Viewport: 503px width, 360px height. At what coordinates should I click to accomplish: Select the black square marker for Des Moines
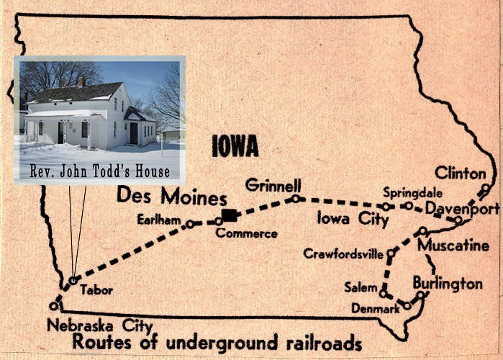coord(229,215)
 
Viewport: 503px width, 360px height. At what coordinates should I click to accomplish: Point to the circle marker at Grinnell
coord(295,198)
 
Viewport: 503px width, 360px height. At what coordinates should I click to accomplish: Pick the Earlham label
coord(158,220)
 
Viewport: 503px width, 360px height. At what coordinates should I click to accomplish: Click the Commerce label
coord(246,233)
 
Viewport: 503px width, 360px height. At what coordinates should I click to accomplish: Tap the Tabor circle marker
coord(73,280)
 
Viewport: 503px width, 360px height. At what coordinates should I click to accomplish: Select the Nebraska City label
coord(92,325)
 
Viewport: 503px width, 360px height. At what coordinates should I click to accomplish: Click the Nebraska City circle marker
coord(53,305)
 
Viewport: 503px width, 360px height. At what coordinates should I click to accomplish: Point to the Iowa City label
coord(353,219)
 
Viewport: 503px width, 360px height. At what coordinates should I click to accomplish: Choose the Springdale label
coord(407,193)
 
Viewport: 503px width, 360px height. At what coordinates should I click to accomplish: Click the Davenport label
coord(463,209)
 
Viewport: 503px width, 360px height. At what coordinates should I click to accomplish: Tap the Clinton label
coord(461,173)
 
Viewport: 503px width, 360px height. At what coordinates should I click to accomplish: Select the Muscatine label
coord(453,246)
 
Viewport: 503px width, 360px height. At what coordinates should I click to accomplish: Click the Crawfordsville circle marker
coord(391,253)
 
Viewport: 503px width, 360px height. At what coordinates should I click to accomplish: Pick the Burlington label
coord(447,283)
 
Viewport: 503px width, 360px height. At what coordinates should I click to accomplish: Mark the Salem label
coord(361,287)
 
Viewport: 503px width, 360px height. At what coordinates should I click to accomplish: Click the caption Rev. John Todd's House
coord(100,171)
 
